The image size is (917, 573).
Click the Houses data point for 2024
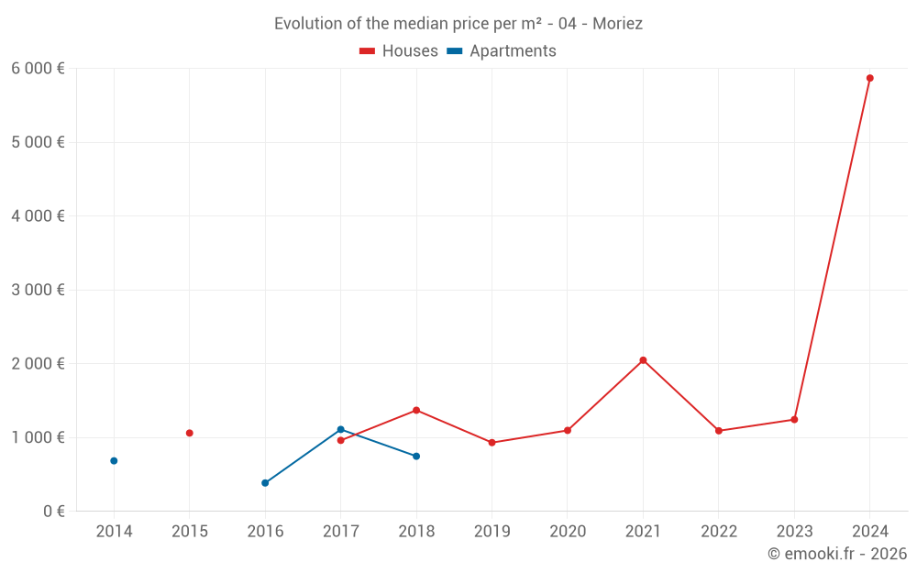tap(869, 78)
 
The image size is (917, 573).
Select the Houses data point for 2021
tap(643, 360)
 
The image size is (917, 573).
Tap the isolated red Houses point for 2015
tap(189, 433)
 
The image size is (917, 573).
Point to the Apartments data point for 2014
tap(114, 460)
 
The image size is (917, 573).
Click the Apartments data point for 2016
tap(265, 482)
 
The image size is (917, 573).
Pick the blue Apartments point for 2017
tap(340, 429)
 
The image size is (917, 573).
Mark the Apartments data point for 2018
tap(416, 456)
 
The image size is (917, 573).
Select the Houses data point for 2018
tap(416, 410)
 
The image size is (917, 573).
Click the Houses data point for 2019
tap(492, 443)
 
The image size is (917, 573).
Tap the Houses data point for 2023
tap(794, 419)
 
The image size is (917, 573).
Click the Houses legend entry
tap(399, 51)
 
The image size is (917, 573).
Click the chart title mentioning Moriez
tap(458, 24)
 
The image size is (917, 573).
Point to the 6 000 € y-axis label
tap(38, 69)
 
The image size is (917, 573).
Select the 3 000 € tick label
tap(38, 290)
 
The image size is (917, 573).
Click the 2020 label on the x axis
tap(567, 532)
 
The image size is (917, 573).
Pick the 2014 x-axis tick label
tap(114, 532)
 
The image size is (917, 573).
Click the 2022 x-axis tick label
tap(718, 532)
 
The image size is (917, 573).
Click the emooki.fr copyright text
tap(836, 554)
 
